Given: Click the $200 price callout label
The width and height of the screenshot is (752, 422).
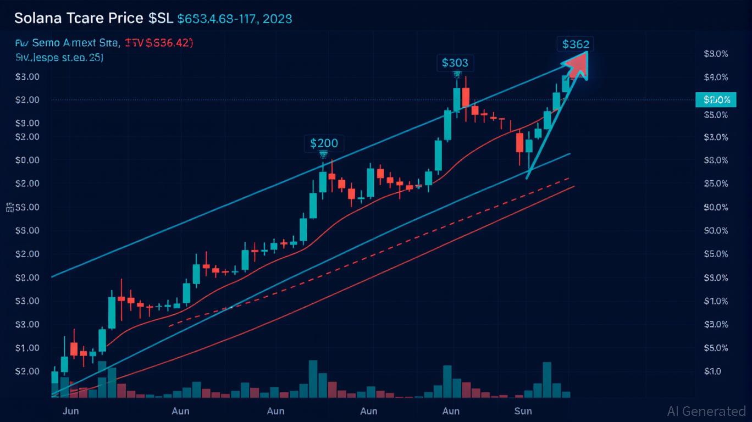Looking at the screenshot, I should pos(324,143).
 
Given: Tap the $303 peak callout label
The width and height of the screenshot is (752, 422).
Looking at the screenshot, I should pos(455,63).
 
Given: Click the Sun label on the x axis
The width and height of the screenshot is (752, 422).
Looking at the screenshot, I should pos(523,411).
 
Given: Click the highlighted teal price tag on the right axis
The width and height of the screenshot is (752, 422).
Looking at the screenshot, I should pos(716,100).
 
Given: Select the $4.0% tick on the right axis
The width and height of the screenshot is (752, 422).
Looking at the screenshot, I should pos(716,77).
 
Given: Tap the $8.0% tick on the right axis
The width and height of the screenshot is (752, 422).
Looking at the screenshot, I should pos(716,160).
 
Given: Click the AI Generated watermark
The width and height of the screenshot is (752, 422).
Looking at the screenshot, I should pos(706,411).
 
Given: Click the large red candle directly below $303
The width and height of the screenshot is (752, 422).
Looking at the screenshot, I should pos(466,97).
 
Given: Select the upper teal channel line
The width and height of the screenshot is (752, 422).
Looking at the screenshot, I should pos(220,209).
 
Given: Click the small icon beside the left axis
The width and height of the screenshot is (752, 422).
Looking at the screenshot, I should pos(9,207).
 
